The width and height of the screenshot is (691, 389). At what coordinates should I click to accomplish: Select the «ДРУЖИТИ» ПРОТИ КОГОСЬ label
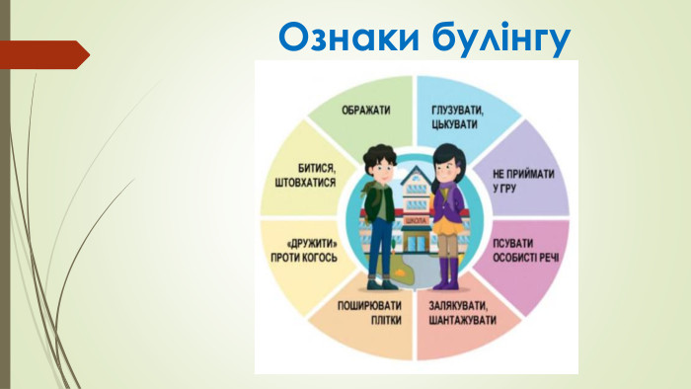point(302,249)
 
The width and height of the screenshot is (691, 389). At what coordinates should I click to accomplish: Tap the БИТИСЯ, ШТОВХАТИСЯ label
point(303,175)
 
